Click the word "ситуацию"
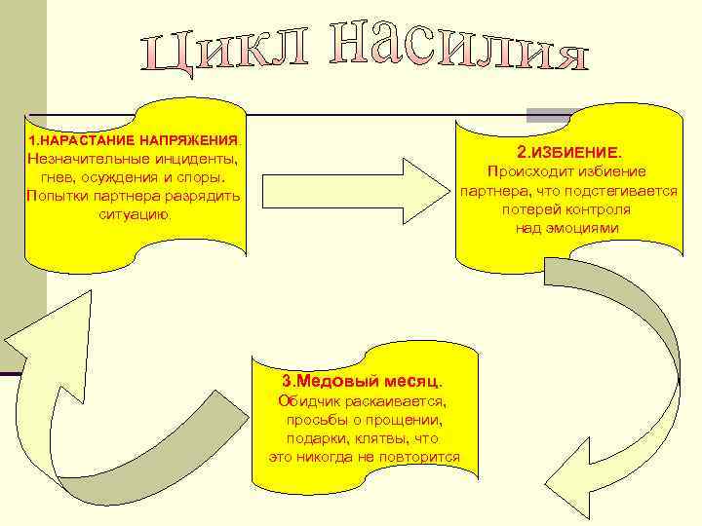pyautogui.click(x=135, y=213)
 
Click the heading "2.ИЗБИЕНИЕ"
pyautogui.click(x=568, y=153)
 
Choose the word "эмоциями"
pyautogui.click(x=584, y=228)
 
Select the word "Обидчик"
pyautogui.click(x=306, y=400)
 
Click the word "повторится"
pyautogui.click(x=419, y=458)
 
